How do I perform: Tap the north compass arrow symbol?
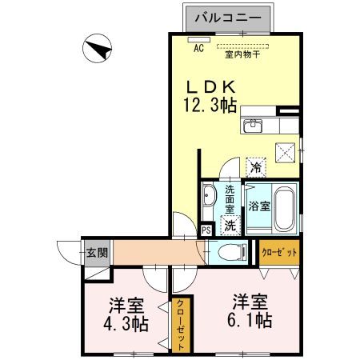[98, 50]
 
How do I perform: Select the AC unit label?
[198, 47]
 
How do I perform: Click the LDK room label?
[210, 86]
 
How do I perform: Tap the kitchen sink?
[255, 125]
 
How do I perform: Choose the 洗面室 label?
[230, 198]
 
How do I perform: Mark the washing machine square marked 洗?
[230, 225]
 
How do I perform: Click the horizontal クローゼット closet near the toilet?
[279, 252]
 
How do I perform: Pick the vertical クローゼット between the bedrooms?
[182, 323]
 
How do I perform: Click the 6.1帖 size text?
[251, 321]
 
